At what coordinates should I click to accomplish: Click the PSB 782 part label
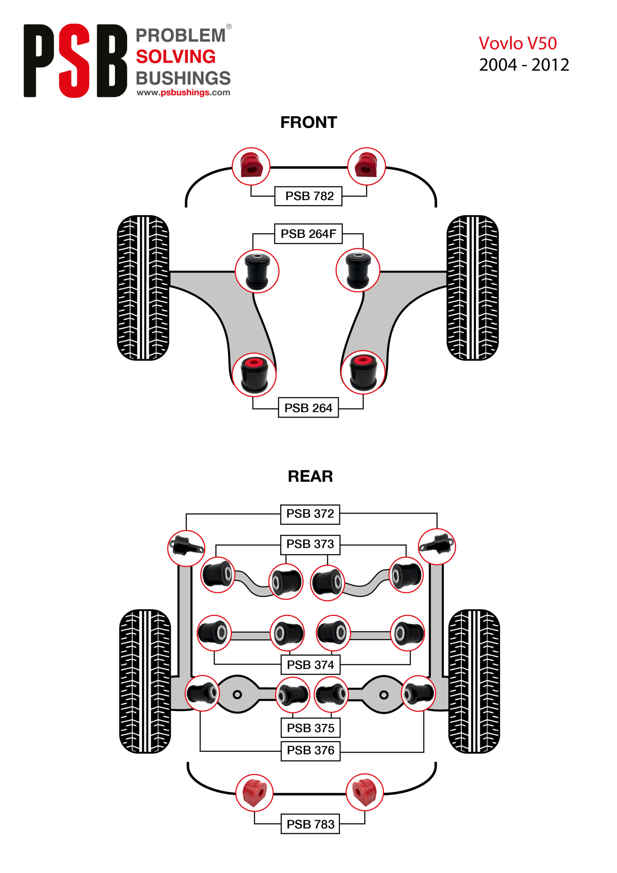coord(308,196)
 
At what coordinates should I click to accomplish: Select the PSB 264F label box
coord(308,234)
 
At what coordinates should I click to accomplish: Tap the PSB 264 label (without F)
coord(308,408)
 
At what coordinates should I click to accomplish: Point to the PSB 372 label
coord(310,514)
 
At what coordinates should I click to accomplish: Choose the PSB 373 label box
coord(310,544)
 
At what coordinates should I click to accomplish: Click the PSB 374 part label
coord(310,665)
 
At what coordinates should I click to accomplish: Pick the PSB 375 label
coord(310,728)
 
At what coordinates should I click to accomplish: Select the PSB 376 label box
coord(310,750)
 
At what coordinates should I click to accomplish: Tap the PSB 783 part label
coord(310,824)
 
